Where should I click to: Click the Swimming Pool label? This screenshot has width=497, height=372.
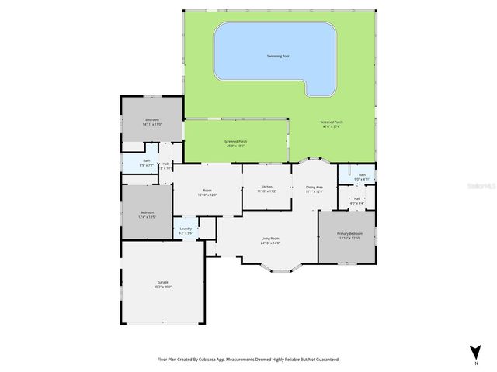[x=275, y=56]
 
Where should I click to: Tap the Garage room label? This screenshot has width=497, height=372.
[x=163, y=282]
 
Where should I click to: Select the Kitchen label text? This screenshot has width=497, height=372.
[x=266, y=187]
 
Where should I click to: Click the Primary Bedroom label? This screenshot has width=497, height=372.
[x=349, y=233]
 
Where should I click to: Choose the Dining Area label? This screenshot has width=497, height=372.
[x=315, y=187]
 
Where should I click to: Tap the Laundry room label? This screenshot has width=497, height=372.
[x=186, y=229]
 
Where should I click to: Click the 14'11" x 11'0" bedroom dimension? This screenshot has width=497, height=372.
[x=152, y=124]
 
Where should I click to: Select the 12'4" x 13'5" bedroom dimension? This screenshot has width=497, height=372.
[x=147, y=217]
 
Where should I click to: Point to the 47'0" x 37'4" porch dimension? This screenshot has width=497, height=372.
[x=332, y=127]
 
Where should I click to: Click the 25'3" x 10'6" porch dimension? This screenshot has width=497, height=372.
[x=235, y=146]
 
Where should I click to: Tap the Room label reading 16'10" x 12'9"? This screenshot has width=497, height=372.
[x=207, y=195]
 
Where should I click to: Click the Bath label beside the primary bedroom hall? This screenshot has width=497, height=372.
[x=362, y=175]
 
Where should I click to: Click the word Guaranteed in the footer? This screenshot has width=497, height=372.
[x=325, y=360]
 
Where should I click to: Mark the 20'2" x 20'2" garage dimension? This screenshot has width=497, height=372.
[x=163, y=287]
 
